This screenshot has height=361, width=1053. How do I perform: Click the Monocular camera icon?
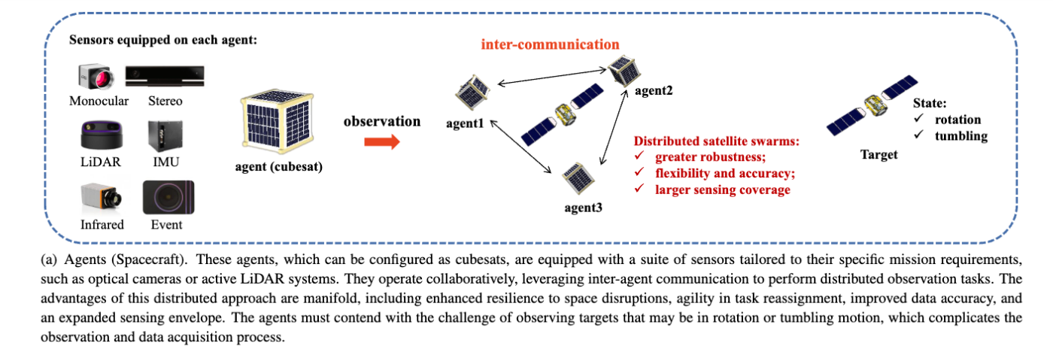click(94, 77)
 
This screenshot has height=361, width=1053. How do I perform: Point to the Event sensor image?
click(165, 198)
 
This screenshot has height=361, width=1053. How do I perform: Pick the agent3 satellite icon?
click(577, 175)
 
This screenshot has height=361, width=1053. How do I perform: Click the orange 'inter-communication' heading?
click(551, 45)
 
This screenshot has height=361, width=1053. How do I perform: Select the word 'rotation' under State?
click(957, 120)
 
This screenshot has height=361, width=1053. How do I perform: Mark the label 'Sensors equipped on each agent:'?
click(163, 40)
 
